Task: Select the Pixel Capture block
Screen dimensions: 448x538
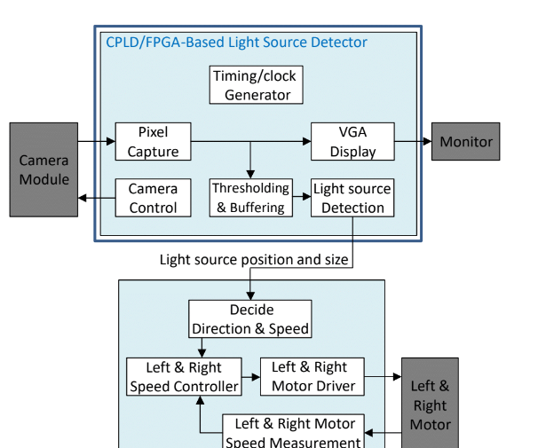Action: (x=153, y=142)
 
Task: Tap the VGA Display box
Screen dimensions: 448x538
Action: (x=352, y=142)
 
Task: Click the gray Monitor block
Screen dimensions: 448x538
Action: (x=466, y=142)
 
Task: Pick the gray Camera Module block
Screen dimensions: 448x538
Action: (x=44, y=169)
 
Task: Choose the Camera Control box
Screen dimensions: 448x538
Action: (x=153, y=198)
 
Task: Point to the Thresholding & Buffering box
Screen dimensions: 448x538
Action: (x=250, y=198)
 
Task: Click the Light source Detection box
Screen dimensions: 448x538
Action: (x=352, y=198)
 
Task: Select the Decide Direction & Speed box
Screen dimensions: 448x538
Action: (x=250, y=319)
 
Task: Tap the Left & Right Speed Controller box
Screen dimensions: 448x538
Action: (x=184, y=377)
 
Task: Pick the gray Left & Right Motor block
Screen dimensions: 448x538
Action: (x=430, y=404)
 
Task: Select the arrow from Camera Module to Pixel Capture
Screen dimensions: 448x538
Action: (x=96, y=141)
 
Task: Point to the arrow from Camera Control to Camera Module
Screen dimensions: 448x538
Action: (x=96, y=198)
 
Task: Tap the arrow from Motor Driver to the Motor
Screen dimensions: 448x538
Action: (x=383, y=377)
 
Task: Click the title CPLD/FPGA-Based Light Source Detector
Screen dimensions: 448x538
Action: (x=236, y=43)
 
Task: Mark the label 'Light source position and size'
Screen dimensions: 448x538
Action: (x=255, y=260)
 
